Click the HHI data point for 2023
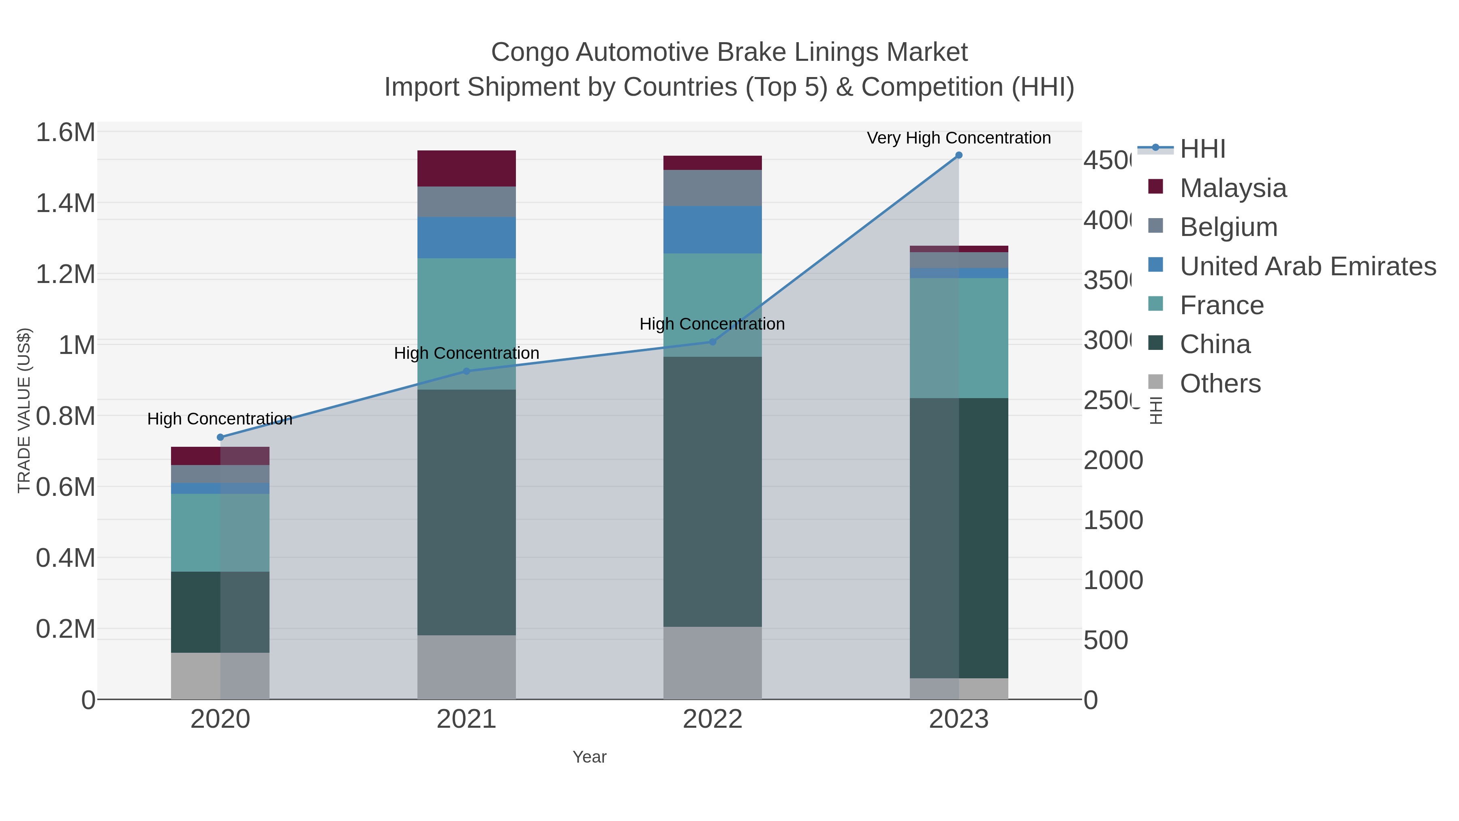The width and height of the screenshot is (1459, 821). (x=958, y=155)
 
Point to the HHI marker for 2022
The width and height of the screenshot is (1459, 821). (x=712, y=342)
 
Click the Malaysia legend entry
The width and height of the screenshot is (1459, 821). (x=1232, y=188)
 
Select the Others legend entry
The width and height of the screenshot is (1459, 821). (x=1220, y=384)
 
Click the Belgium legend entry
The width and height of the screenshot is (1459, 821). (x=1228, y=227)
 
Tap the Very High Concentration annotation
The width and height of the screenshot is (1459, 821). (x=958, y=138)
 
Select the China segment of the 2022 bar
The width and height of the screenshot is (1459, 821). (x=712, y=491)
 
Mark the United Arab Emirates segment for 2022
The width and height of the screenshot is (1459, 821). (x=712, y=229)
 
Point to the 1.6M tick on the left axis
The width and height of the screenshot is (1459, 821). (x=65, y=133)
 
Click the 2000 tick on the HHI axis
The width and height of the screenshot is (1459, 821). (x=1113, y=460)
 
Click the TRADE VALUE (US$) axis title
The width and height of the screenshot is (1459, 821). (x=24, y=410)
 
